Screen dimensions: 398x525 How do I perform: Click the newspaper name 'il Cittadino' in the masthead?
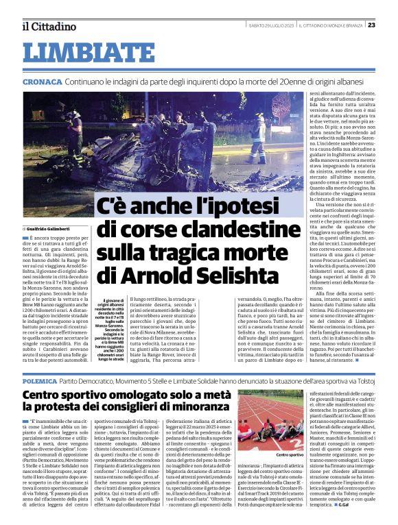pos(48,26)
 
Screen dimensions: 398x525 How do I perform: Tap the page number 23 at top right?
pos(390,26)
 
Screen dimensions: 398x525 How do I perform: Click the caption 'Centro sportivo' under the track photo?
pos(291,454)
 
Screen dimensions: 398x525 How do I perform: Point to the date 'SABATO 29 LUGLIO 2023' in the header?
pos(274,26)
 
